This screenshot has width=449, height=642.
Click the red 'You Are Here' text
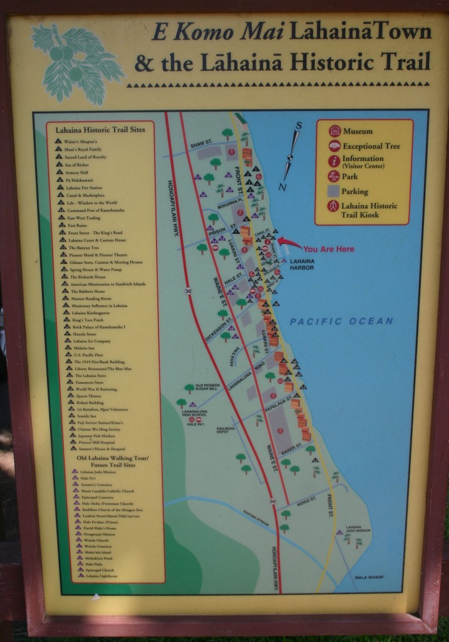[x=329, y=249]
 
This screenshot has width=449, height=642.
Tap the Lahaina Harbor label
[x=301, y=264]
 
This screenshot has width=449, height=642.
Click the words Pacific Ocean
[x=341, y=322]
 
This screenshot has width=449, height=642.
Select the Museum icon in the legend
[x=334, y=131]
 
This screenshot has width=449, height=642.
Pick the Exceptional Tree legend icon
[x=334, y=146]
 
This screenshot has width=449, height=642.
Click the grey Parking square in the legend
[x=334, y=191]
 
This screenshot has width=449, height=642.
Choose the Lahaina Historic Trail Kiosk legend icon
[x=334, y=206]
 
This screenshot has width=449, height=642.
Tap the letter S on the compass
[x=299, y=125]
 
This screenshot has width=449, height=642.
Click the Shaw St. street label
[x=202, y=144]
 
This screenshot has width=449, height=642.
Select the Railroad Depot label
[x=225, y=430]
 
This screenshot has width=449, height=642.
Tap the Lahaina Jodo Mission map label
[x=354, y=529]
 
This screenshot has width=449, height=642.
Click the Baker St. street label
[x=291, y=451]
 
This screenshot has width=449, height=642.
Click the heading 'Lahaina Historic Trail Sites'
[x=100, y=130]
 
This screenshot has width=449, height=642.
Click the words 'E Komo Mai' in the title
[x=199, y=33]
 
